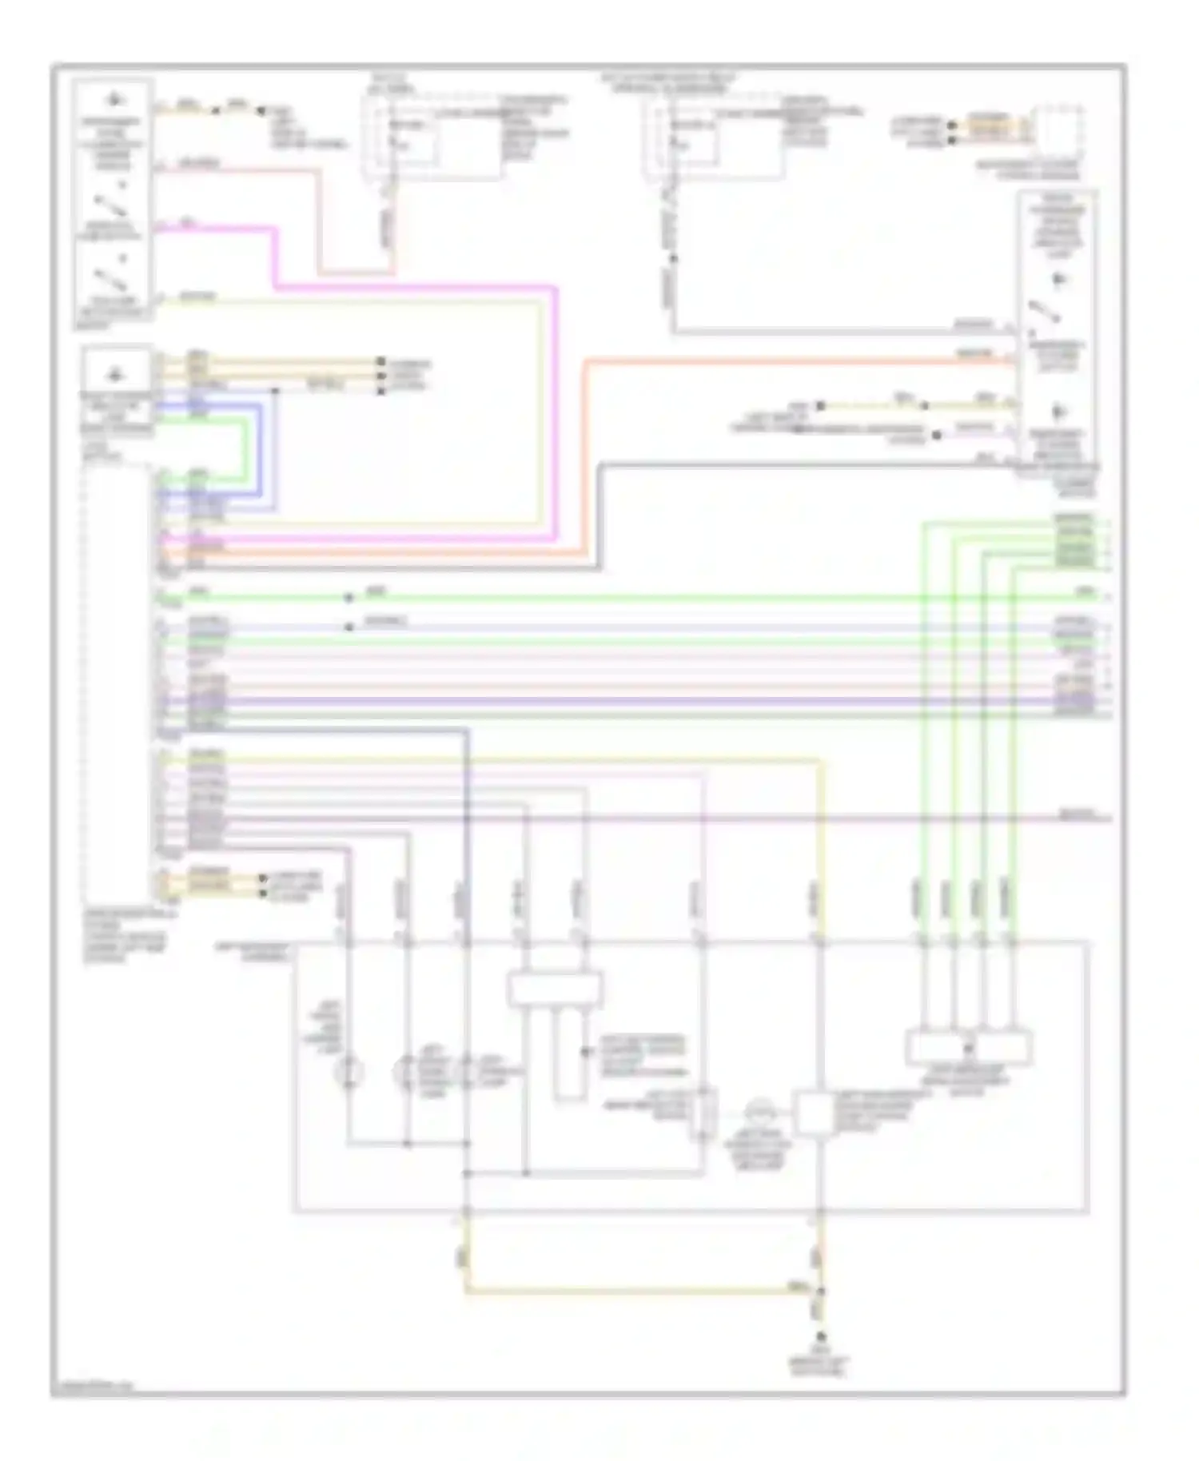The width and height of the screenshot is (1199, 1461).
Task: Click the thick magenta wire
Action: pyautogui.click(x=416, y=286)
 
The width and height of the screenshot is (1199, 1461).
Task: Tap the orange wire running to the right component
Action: pyautogui.click(x=799, y=361)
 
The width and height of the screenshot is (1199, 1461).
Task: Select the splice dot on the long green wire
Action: pyautogui.click(x=349, y=598)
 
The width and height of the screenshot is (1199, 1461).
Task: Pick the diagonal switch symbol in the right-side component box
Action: pyautogui.click(x=1044, y=313)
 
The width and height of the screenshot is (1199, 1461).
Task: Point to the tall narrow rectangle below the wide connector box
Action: pyautogui.click(x=569, y=1052)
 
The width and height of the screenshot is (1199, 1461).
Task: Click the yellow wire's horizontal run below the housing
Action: pyautogui.click(x=639, y=1290)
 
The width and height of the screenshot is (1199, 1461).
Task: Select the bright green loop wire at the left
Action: pyautogui.click(x=245, y=452)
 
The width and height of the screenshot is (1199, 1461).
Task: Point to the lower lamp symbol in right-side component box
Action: pyautogui.click(x=1060, y=412)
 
